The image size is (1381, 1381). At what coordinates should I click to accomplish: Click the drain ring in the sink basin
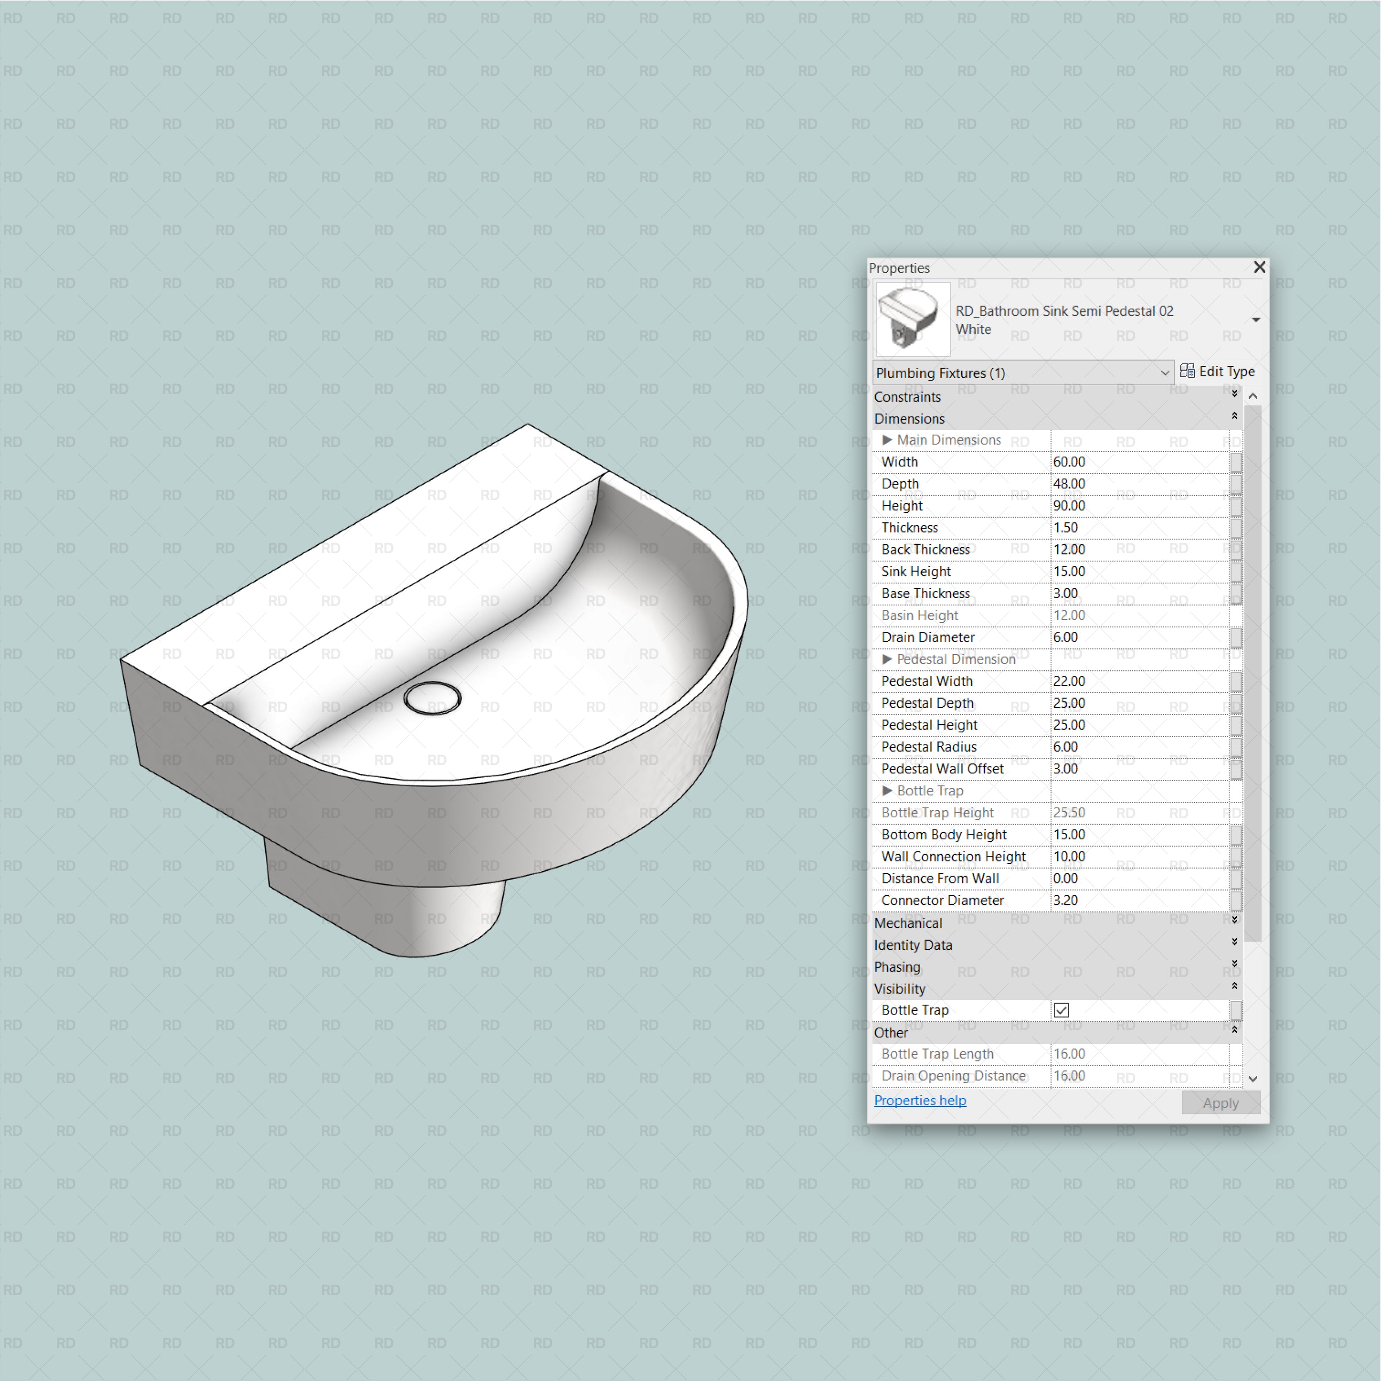click(432, 698)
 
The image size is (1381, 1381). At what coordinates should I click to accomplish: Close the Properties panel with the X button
click(1259, 267)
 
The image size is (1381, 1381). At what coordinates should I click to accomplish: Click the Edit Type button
click(1217, 372)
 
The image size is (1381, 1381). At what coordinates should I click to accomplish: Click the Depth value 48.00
click(1069, 484)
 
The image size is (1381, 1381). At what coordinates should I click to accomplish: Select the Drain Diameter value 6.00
click(1066, 637)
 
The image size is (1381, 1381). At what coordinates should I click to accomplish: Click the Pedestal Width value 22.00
click(1069, 681)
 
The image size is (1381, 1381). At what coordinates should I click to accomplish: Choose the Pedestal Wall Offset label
click(942, 769)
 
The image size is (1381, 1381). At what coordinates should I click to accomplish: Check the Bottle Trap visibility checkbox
click(1062, 1010)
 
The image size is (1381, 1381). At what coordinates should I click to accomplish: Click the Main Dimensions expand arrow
click(887, 440)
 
